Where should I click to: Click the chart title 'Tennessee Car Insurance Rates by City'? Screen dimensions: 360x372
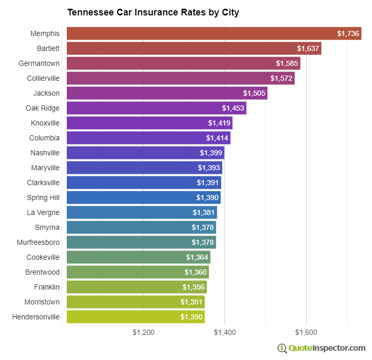pyautogui.click(x=153, y=12)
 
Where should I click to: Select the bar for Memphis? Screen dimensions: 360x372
pyautogui.click(x=214, y=33)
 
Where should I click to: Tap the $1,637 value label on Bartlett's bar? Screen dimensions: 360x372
pyautogui.click(x=308, y=49)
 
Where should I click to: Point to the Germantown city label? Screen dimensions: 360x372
pyautogui.click(x=39, y=63)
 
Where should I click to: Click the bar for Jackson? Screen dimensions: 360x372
pyautogui.click(x=167, y=93)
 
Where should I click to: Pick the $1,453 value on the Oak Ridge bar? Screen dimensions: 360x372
pyautogui.click(x=233, y=109)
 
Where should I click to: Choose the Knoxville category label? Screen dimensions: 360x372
pyautogui.click(x=45, y=123)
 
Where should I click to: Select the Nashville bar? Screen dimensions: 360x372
pyautogui.click(x=145, y=153)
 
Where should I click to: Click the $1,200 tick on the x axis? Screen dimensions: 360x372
pyautogui.click(x=143, y=332)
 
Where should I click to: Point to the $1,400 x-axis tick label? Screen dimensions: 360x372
pyautogui.click(x=225, y=332)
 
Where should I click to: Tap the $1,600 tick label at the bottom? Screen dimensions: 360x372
pyautogui.click(x=307, y=332)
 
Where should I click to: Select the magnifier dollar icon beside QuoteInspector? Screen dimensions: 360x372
pyautogui.click(x=282, y=348)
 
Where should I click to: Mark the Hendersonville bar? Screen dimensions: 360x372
pyautogui.click(x=136, y=317)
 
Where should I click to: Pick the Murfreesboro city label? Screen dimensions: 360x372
pyautogui.click(x=38, y=242)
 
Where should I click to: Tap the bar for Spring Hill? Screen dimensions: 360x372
pyautogui.click(x=144, y=197)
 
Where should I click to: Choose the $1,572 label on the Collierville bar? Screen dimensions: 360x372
pyautogui.click(x=282, y=79)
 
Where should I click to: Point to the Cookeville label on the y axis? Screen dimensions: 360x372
pyautogui.click(x=43, y=257)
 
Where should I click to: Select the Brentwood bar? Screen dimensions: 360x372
pyautogui.click(x=138, y=272)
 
